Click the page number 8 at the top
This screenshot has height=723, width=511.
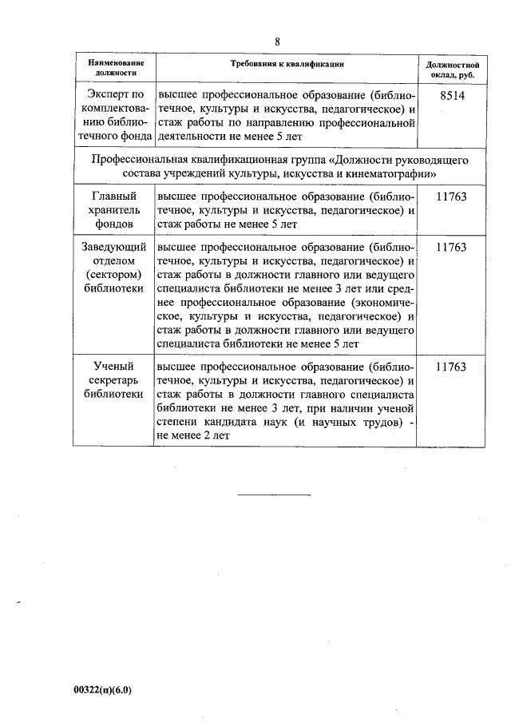[277, 42]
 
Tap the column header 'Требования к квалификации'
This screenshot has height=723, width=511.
[287, 62]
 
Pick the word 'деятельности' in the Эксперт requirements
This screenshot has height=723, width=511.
[193, 137]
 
